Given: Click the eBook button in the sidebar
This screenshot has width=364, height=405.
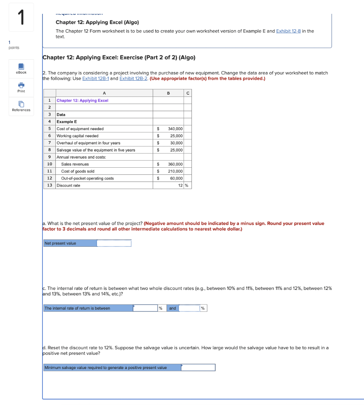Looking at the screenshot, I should coord(21,68).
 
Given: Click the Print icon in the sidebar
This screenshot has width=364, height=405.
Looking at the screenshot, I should coord(21,87).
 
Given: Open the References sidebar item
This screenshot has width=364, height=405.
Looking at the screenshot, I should coord(21,106).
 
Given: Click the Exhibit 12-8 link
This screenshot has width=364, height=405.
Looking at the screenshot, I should coord(288,31).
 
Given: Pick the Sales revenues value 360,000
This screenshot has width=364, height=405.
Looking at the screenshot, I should coord(175,164).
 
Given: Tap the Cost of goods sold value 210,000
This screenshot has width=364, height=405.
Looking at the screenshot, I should coord(175,171).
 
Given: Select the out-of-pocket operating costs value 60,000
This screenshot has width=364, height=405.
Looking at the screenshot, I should coord(176,178).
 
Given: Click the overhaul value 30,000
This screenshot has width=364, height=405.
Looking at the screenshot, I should coord(176,143).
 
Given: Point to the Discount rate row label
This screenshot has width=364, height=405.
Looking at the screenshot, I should coord(68,185).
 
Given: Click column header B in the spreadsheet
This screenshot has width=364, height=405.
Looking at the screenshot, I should coord(168,93).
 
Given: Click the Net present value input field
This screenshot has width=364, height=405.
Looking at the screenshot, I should coord(114,243).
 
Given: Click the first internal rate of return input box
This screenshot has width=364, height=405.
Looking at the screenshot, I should coord(145,308).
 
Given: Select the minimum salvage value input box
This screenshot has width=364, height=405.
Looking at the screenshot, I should coord(198,367).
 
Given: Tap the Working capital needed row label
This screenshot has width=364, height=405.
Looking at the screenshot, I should coord(78,136).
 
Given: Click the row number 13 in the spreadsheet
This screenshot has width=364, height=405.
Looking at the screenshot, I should coord(49,185).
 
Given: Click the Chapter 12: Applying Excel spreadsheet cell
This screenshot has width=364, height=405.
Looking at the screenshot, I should coord(82,100).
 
